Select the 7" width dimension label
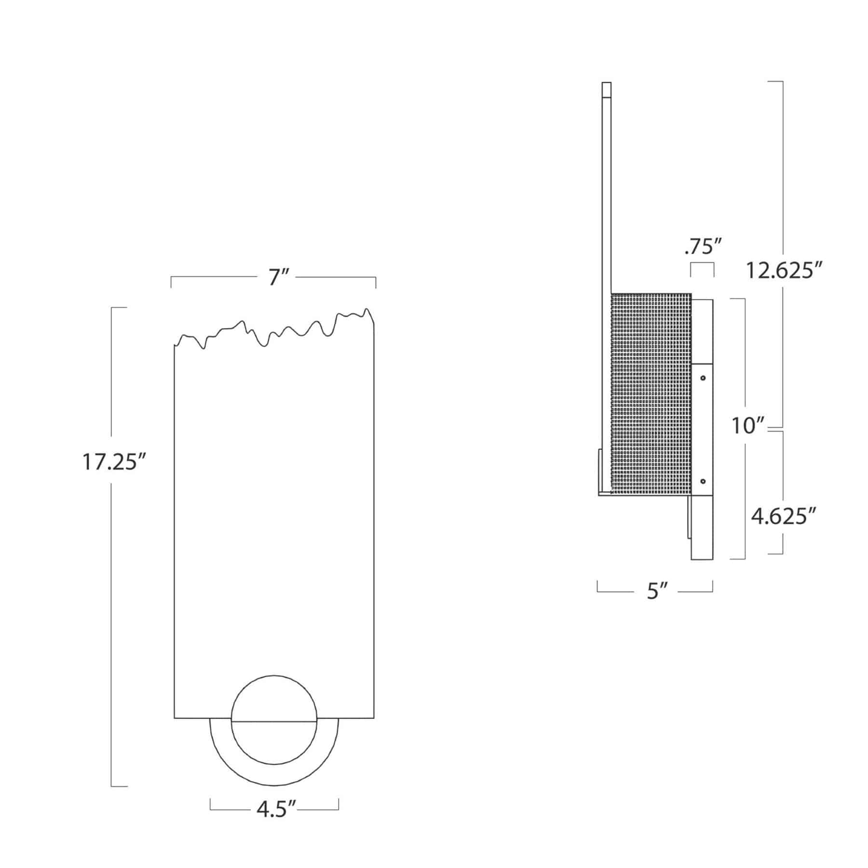point(278,278)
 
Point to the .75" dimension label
point(702,247)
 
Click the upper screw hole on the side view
point(703,378)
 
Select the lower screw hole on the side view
point(703,481)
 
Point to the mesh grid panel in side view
point(651,393)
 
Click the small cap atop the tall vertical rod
point(607,91)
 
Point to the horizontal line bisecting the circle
point(274,722)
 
